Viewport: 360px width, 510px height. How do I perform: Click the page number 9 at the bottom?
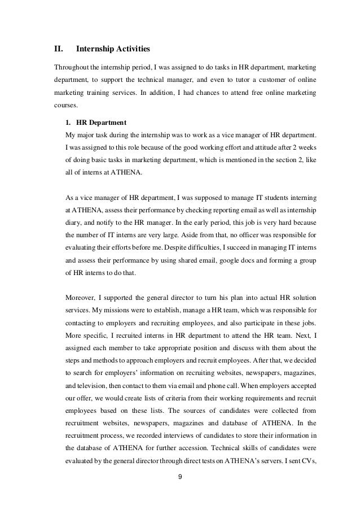point(179,482)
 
